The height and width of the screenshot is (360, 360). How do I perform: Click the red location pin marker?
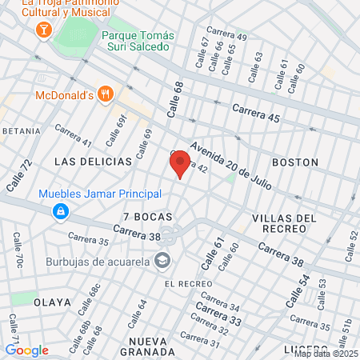point(180,163)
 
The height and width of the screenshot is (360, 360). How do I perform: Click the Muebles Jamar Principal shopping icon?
point(60,211)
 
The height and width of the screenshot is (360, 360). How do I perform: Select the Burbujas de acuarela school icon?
point(162,261)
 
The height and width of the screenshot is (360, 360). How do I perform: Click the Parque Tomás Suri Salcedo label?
point(137,41)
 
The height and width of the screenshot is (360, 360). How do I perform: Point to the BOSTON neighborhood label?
point(295,162)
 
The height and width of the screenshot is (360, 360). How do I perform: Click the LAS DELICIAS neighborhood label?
point(93,162)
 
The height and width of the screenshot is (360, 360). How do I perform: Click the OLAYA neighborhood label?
point(52,302)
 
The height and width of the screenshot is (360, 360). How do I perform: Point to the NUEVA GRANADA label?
point(146,346)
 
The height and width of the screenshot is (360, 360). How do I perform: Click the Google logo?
point(26,350)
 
